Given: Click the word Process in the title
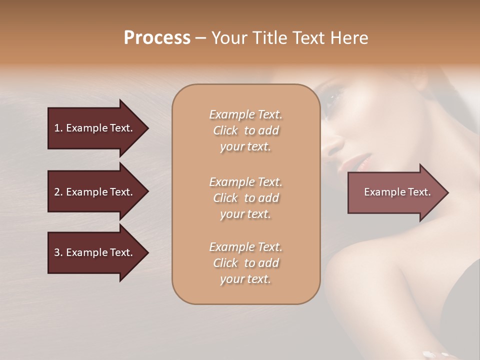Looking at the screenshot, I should (157, 38).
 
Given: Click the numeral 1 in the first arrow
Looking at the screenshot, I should (56, 128).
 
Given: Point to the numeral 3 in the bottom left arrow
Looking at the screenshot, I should (57, 252).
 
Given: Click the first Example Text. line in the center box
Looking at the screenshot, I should (245, 114).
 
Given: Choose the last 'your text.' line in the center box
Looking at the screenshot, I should (245, 279).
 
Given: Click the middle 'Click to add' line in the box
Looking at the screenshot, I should (245, 198).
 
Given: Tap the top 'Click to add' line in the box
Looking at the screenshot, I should (245, 130).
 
